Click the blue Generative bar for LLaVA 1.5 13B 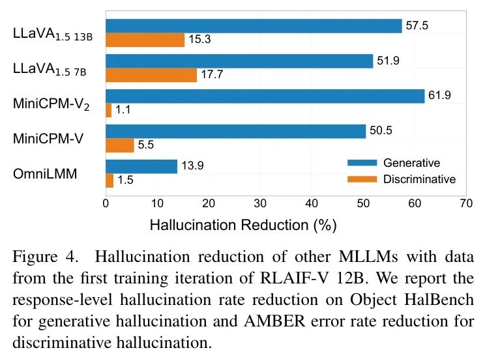[254, 26]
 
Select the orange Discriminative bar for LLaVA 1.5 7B [151, 75]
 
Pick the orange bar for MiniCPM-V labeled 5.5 [120, 145]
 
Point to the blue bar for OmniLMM [141, 167]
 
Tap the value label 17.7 [212, 75]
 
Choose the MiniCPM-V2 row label [51, 104]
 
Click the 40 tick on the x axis [311, 203]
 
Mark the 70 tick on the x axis [465, 203]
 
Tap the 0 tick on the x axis [106, 203]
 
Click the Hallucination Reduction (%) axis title [243, 225]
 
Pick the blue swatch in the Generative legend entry [362, 163]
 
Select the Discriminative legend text [419, 179]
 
